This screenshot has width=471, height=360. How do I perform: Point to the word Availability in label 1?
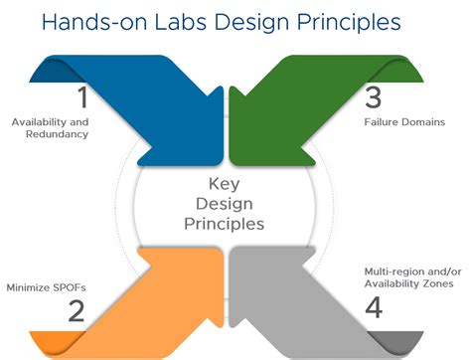pos(42,122)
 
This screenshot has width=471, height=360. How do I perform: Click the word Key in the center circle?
pos(225,184)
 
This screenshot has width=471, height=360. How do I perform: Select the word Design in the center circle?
pos(225,204)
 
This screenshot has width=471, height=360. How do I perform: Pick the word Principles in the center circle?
pos(225,224)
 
